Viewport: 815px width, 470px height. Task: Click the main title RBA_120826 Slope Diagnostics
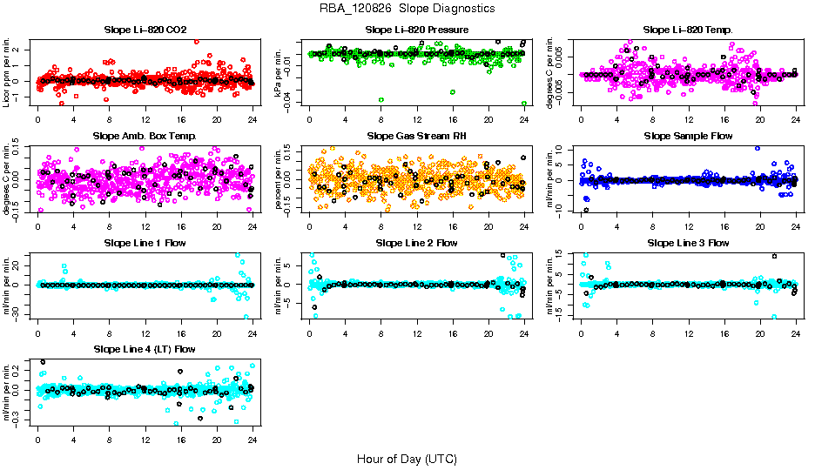[407, 9]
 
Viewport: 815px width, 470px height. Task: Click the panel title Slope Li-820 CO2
[145, 30]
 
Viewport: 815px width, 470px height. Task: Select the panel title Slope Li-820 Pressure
[417, 30]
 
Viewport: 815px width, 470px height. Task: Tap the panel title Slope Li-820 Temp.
[688, 30]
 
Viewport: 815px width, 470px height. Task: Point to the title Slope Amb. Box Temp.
[145, 137]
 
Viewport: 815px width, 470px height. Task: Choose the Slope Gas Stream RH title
[417, 137]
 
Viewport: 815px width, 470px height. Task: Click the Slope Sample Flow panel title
[688, 137]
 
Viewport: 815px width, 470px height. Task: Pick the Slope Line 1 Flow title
[145, 243]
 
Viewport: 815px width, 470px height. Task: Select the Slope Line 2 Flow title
[417, 243]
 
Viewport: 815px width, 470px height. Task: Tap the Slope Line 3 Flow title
[688, 243]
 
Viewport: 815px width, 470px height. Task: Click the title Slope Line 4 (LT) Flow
[145, 350]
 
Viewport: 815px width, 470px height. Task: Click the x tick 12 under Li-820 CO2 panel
[145, 120]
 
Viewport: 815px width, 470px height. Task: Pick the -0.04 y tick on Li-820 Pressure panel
[293, 102]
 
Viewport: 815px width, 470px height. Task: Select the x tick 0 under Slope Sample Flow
[582, 226]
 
